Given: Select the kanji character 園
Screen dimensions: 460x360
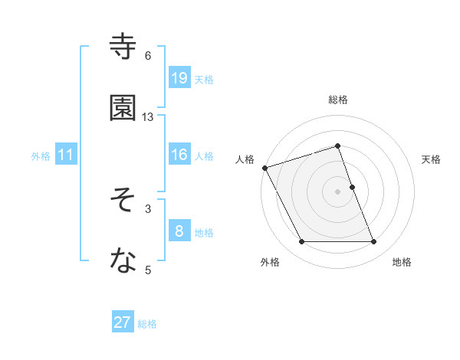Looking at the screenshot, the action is (123, 109).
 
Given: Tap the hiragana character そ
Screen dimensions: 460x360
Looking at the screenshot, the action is (123, 201).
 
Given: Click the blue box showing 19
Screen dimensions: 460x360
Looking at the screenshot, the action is (179, 77).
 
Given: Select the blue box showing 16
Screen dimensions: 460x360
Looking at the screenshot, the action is (179, 155).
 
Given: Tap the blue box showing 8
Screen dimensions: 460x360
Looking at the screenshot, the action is (179, 231).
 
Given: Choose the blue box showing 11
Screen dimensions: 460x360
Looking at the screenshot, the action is (66, 155).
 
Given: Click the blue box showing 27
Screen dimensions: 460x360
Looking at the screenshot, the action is (123, 322).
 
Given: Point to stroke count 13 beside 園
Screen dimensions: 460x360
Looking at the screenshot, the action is (148, 116).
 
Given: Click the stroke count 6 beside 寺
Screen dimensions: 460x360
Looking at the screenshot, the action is (148, 55).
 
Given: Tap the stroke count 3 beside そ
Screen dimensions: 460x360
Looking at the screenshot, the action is (148, 208).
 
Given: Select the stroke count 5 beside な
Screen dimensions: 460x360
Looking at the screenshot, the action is (148, 270).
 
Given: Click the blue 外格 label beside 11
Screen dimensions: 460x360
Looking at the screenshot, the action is (41, 155).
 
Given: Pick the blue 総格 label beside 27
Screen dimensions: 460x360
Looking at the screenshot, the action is (147, 324).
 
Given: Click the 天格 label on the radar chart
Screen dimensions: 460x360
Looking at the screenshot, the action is (431, 159).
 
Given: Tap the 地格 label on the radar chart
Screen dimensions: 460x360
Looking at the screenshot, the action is (402, 263).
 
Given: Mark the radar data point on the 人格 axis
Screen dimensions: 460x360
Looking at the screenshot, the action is (264, 168).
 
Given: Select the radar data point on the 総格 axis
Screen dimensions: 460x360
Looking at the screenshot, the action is (337, 146).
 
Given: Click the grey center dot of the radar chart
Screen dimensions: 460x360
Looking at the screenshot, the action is (337, 191).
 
